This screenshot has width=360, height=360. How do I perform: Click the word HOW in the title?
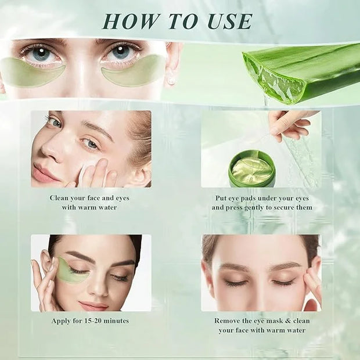point(131,21)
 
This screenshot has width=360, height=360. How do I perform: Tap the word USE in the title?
point(230,21)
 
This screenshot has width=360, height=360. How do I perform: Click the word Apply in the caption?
point(60,321)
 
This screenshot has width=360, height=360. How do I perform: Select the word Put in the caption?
point(221,198)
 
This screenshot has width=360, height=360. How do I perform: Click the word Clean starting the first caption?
point(59,198)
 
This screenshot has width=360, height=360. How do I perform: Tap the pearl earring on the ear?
point(171,80)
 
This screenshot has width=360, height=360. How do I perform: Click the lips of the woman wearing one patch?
point(94,306)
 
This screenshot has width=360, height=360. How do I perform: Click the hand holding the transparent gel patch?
point(291,124)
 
